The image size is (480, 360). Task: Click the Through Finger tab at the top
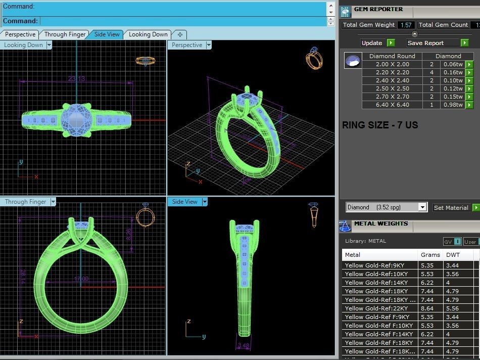coord(65,34)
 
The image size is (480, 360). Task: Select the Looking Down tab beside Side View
coord(148,34)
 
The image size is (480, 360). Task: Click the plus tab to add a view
coord(180,34)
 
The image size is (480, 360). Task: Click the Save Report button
coord(425,43)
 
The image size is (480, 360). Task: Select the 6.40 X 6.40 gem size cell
coord(392,105)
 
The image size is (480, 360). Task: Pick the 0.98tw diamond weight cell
coord(453,105)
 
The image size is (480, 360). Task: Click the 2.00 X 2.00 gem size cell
coord(392,64)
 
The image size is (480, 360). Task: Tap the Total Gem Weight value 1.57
coord(406,25)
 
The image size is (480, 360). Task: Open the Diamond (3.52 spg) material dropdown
coord(387,207)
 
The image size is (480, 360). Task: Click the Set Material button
coord(451,207)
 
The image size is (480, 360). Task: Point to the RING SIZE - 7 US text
coord(380,125)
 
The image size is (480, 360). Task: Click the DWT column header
coord(453,255)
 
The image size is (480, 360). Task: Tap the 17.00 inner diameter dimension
coord(81,279)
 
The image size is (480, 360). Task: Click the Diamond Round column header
coord(392,56)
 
